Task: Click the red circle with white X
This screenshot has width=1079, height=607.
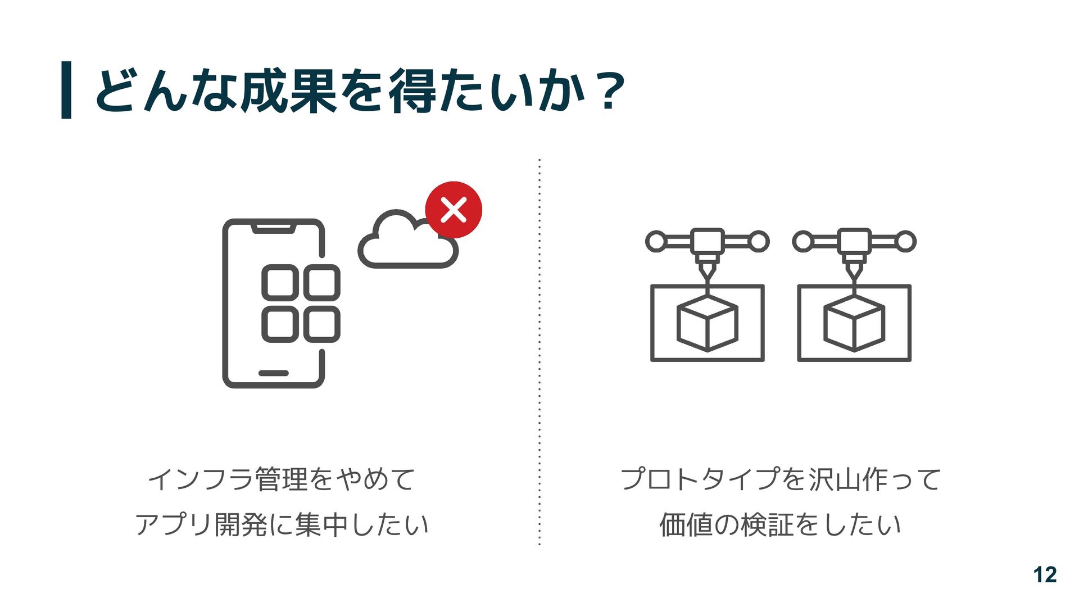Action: pos(454,210)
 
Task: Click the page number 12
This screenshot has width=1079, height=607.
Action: pos(1045,575)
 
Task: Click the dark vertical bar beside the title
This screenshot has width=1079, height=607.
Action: pos(66,90)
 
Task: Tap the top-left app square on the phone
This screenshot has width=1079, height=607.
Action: pos(280,282)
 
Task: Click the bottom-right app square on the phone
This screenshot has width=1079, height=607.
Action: pos(322,324)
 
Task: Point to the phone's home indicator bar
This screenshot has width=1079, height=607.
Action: pos(274,373)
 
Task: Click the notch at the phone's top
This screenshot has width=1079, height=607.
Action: pos(274,228)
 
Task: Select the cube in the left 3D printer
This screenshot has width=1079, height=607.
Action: pos(707,324)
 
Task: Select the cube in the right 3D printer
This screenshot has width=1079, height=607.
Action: pos(854,324)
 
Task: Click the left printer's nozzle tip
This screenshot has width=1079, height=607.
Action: pos(707,277)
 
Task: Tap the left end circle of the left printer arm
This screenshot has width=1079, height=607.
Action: pos(656,242)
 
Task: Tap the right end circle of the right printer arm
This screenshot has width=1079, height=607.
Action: pos(905,242)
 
